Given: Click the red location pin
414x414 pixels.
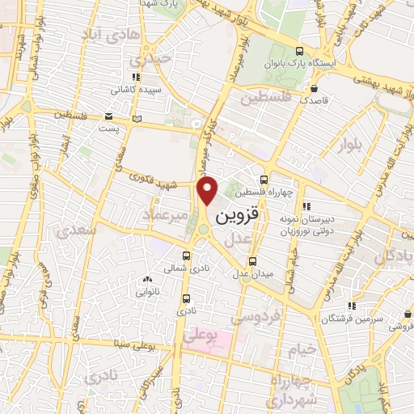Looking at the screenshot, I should click(x=208, y=190).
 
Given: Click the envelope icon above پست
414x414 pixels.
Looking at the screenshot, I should click(x=108, y=116).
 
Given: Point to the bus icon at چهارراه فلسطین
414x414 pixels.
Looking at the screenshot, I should click(x=264, y=181).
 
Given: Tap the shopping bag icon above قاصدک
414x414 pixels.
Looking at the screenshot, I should click(x=313, y=90).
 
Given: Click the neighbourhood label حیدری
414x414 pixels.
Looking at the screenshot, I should click(x=154, y=59).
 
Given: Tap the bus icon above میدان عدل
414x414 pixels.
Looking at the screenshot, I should click(x=253, y=261).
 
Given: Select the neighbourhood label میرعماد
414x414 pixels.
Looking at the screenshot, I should click(x=165, y=215).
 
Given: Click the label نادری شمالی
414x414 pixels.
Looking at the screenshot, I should click(x=175, y=267).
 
